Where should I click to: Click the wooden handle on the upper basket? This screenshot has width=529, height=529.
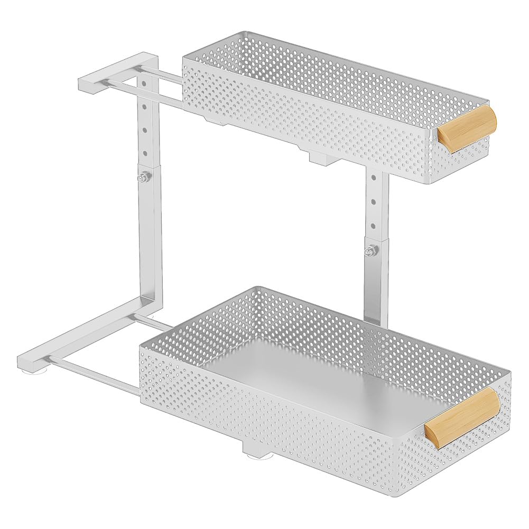(x=467, y=129)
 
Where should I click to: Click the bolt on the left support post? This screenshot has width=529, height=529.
(x=143, y=179)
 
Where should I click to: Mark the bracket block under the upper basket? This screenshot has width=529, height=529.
(x=318, y=157)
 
